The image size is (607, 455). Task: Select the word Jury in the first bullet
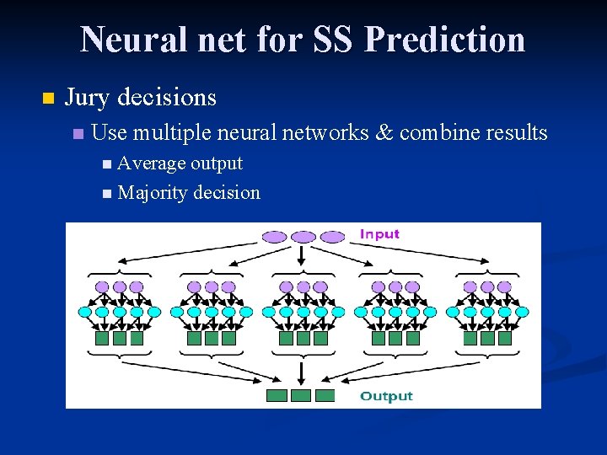(88, 98)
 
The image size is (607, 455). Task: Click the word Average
(152, 163)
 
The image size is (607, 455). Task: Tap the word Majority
(153, 193)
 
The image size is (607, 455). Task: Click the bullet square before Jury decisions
(47, 99)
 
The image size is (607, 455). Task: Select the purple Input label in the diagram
(379, 233)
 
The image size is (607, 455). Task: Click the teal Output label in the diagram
(386, 396)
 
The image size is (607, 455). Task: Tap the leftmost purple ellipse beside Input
(276, 237)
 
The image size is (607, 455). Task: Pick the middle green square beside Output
(301, 396)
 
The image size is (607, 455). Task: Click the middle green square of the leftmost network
(120, 338)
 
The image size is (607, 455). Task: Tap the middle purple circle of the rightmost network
(486, 287)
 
